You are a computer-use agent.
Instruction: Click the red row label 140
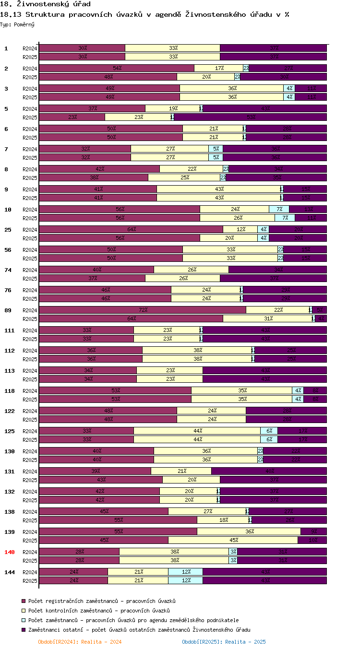click(10, 552)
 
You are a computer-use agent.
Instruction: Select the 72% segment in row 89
click(143, 310)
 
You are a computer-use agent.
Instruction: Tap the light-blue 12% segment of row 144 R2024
click(185, 572)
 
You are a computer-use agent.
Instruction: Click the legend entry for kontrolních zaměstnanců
click(99, 611)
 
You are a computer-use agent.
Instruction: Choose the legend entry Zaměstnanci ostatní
click(139, 630)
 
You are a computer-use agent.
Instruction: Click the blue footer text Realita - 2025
click(224, 642)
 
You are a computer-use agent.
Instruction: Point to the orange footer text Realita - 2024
click(80, 642)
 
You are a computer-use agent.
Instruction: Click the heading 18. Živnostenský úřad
click(46, 4)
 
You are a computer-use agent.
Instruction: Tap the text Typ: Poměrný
click(17, 24)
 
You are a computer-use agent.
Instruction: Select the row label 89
click(8, 310)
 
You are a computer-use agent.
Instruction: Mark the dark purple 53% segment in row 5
click(250, 117)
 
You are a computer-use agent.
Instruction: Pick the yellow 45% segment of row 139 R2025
click(233, 540)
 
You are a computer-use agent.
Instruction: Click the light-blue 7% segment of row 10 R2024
click(279, 209)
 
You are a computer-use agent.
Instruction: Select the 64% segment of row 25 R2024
click(131, 229)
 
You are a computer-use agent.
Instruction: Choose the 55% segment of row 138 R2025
click(118, 520)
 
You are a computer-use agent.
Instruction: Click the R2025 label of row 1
click(30, 57)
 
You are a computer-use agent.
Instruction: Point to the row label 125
click(10, 431)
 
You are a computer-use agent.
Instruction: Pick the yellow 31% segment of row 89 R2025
click(267, 318)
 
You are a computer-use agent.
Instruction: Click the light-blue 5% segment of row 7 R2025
click(216, 157)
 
